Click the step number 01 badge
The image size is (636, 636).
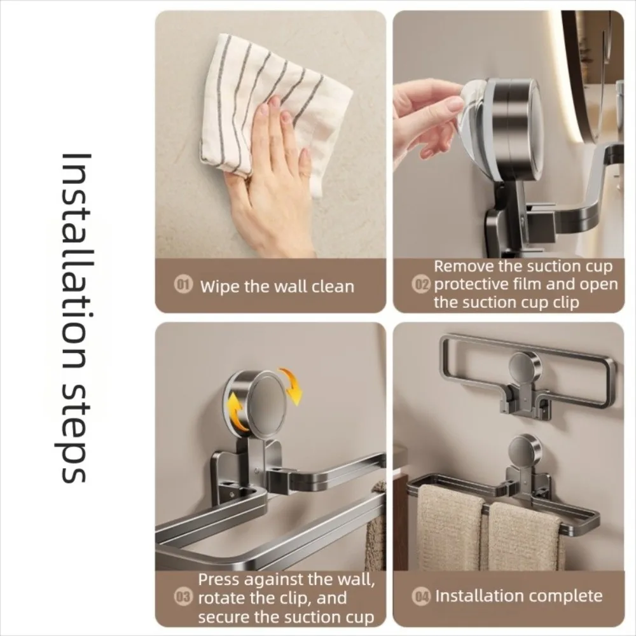pyautogui.click(x=183, y=286)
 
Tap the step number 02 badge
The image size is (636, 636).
pyautogui.click(x=422, y=285)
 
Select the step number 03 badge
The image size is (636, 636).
pyautogui.click(x=183, y=598)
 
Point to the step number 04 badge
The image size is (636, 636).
pyautogui.click(x=422, y=597)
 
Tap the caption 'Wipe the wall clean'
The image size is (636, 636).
pyautogui.click(x=277, y=286)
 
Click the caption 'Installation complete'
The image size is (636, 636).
pyautogui.click(x=518, y=596)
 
